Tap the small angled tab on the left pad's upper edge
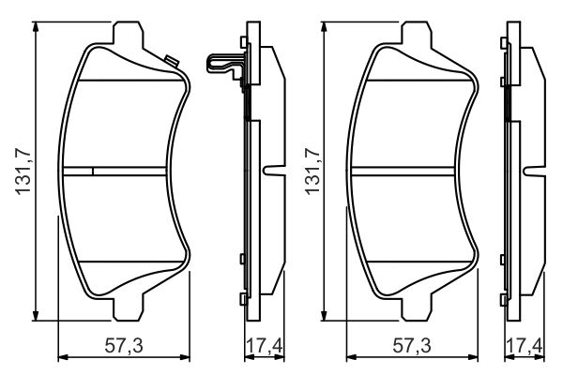tap(171, 62)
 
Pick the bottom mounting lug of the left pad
tap(130, 308)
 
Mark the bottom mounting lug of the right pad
tap(419, 308)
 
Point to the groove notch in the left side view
tap(273, 172)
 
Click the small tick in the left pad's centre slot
tap(93, 171)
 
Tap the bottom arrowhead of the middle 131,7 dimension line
tap(325, 316)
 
